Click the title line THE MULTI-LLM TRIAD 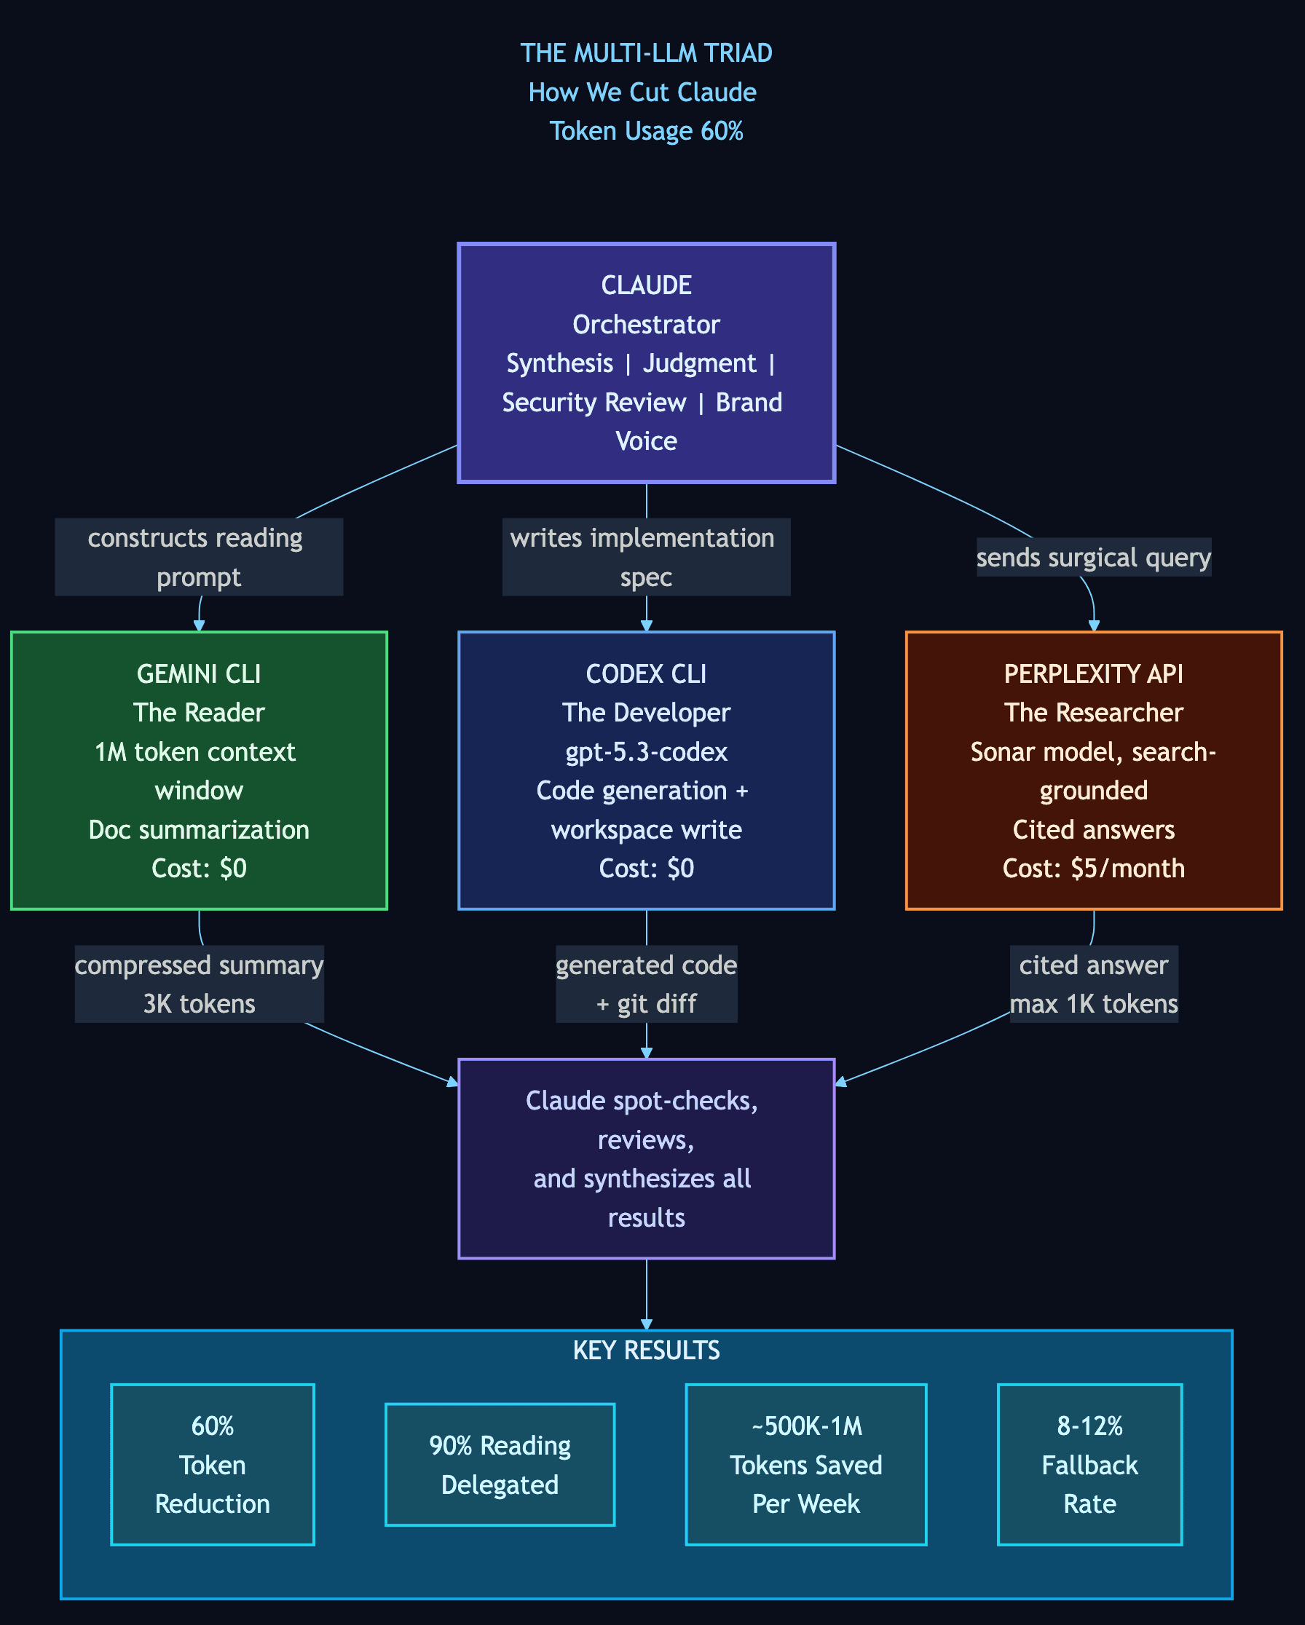coord(646,52)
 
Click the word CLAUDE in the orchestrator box coord(646,285)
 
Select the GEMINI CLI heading coord(199,673)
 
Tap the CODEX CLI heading coord(646,673)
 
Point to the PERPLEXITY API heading coord(1093,673)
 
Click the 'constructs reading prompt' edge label coord(199,557)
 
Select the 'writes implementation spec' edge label coord(646,557)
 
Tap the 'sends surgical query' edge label coord(1093,558)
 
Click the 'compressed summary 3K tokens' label coord(199,984)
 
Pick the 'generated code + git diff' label coord(646,984)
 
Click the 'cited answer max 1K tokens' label coord(1093,984)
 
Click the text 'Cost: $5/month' coord(1093,869)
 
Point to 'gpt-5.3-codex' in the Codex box coord(646,751)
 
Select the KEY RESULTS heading coord(646,1349)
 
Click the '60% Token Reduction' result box coord(213,1464)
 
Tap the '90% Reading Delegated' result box coord(500,1464)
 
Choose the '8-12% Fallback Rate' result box coord(1089,1464)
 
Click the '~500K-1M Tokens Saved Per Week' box coord(806,1464)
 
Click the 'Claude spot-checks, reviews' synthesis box coord(646,1158)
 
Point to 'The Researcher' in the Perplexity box coord(1093,712)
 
